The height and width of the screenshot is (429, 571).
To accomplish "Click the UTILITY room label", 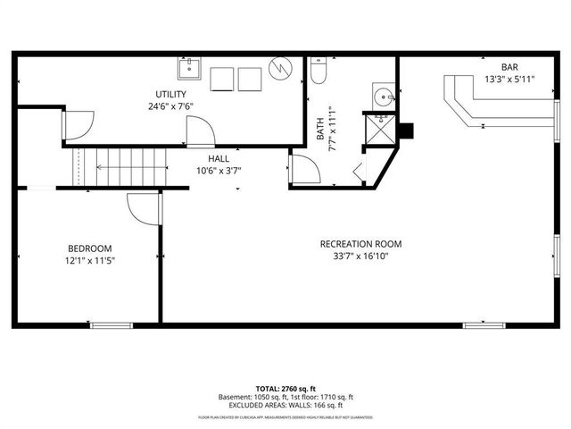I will tap(170, 94).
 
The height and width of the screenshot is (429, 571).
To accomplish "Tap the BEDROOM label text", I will tap(90, 248).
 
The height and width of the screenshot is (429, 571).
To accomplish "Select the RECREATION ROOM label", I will tap(361, 244).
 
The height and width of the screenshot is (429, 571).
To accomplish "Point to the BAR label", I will tap(509, 67).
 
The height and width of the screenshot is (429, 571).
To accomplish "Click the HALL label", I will tap(219, 158).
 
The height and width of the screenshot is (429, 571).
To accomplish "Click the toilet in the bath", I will tap(320, 73).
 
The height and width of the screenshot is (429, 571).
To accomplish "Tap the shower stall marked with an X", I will tap(380, 130).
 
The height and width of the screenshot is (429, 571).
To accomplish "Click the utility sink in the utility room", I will tap(189, 69).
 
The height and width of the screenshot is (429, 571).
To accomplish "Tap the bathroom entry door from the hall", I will tap(302, 169).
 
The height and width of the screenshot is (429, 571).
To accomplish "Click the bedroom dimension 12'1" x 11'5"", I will tap(90, 261).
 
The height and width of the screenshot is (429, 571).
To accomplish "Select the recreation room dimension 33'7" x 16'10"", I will tap(361, 257).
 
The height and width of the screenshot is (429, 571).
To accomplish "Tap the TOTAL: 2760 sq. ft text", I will tap(285, 389).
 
